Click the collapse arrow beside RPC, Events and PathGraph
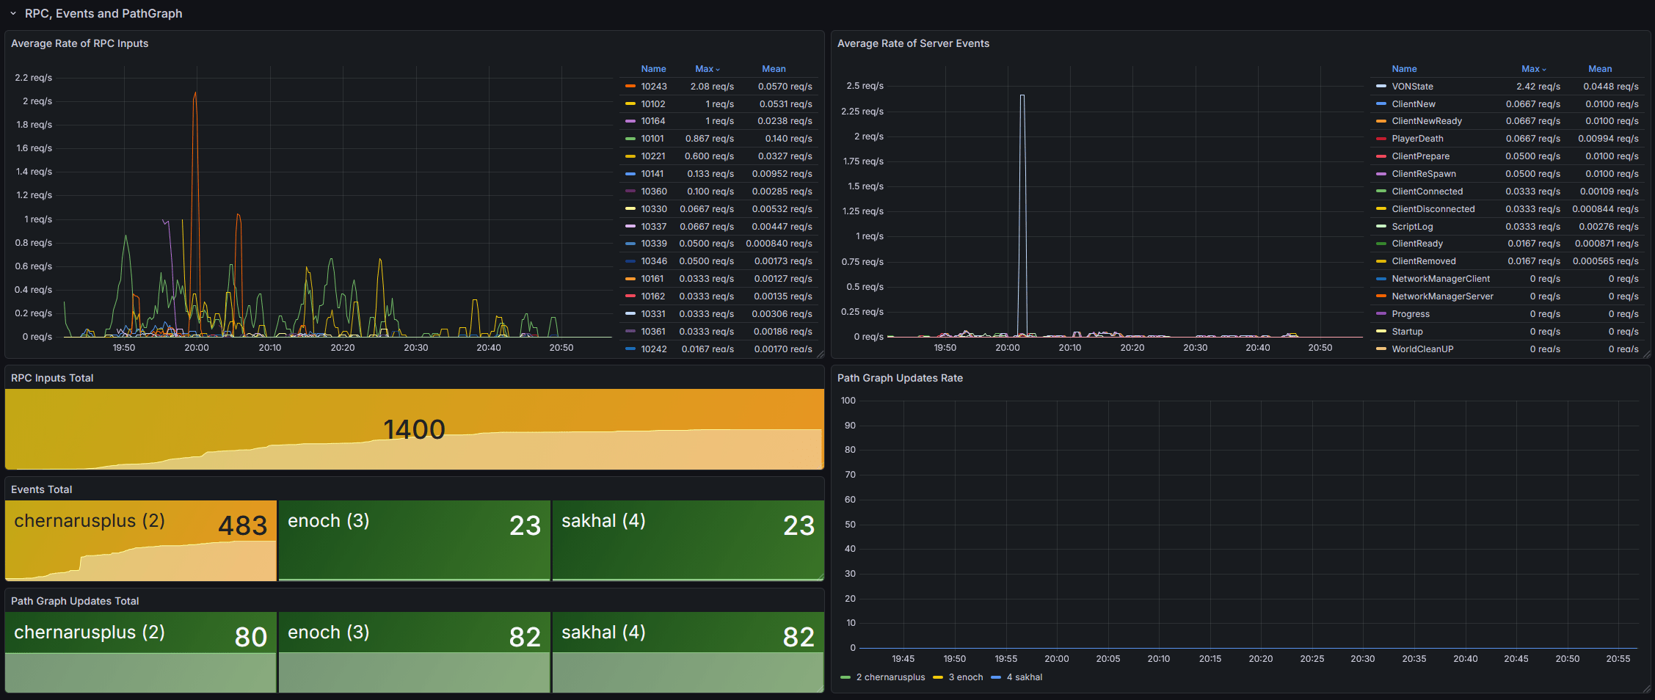point(13,13)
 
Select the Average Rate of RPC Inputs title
point(79,43)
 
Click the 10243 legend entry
point(653,87)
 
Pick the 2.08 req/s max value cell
point(711,87)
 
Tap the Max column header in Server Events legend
point(1532,69)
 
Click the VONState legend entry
point(1411,87)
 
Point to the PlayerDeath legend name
point(1416,139)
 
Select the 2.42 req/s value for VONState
point(1538,87)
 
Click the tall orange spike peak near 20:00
point(195,93)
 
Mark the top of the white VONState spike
point(1022,95)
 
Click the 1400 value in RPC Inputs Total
point(414,429)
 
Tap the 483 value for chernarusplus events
point(242,525)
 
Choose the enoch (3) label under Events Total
point(328,521)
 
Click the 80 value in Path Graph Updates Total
point(250,637)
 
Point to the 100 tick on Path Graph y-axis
point(848,401)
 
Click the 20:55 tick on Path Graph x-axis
point(1618,659)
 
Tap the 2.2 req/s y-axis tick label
point(34,78)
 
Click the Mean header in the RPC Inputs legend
point(774,69)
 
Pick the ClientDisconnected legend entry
point(1433,209)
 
